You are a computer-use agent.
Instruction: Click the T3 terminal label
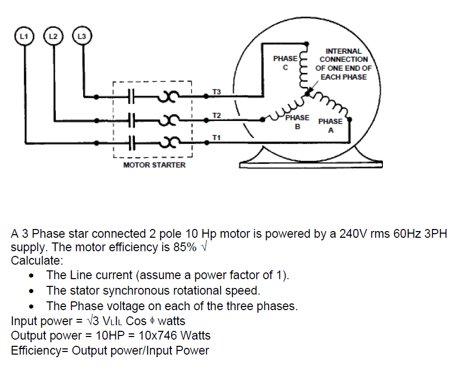pyautogui.click(x=217, y=91)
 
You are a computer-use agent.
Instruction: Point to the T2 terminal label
pyautogui.click(x=217, y=115)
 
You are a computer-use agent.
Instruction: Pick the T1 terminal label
pyautogui.click(x=217, y=137)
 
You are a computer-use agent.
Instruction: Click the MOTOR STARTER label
pyautogui.click(x=154, y=165)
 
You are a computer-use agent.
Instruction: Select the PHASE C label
pyautogui.click(x=285, y=63)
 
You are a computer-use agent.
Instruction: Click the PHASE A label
pyautogui.click(x=330, y=125)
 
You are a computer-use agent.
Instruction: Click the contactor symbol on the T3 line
pyautogui.click(x=131, y=97)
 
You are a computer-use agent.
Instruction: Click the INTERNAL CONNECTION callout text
pyautogui.click(x=343, y=64)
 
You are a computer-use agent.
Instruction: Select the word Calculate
pyautogui.click(x=37, y=259)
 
